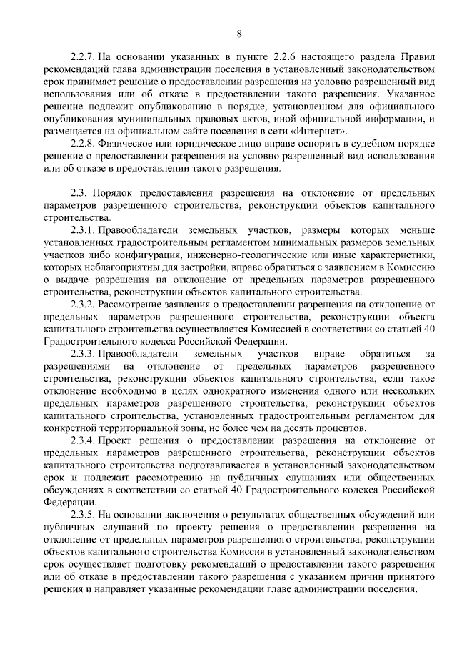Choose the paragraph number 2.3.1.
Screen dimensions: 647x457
[82, 230]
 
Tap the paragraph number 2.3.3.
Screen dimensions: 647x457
[82, 355]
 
